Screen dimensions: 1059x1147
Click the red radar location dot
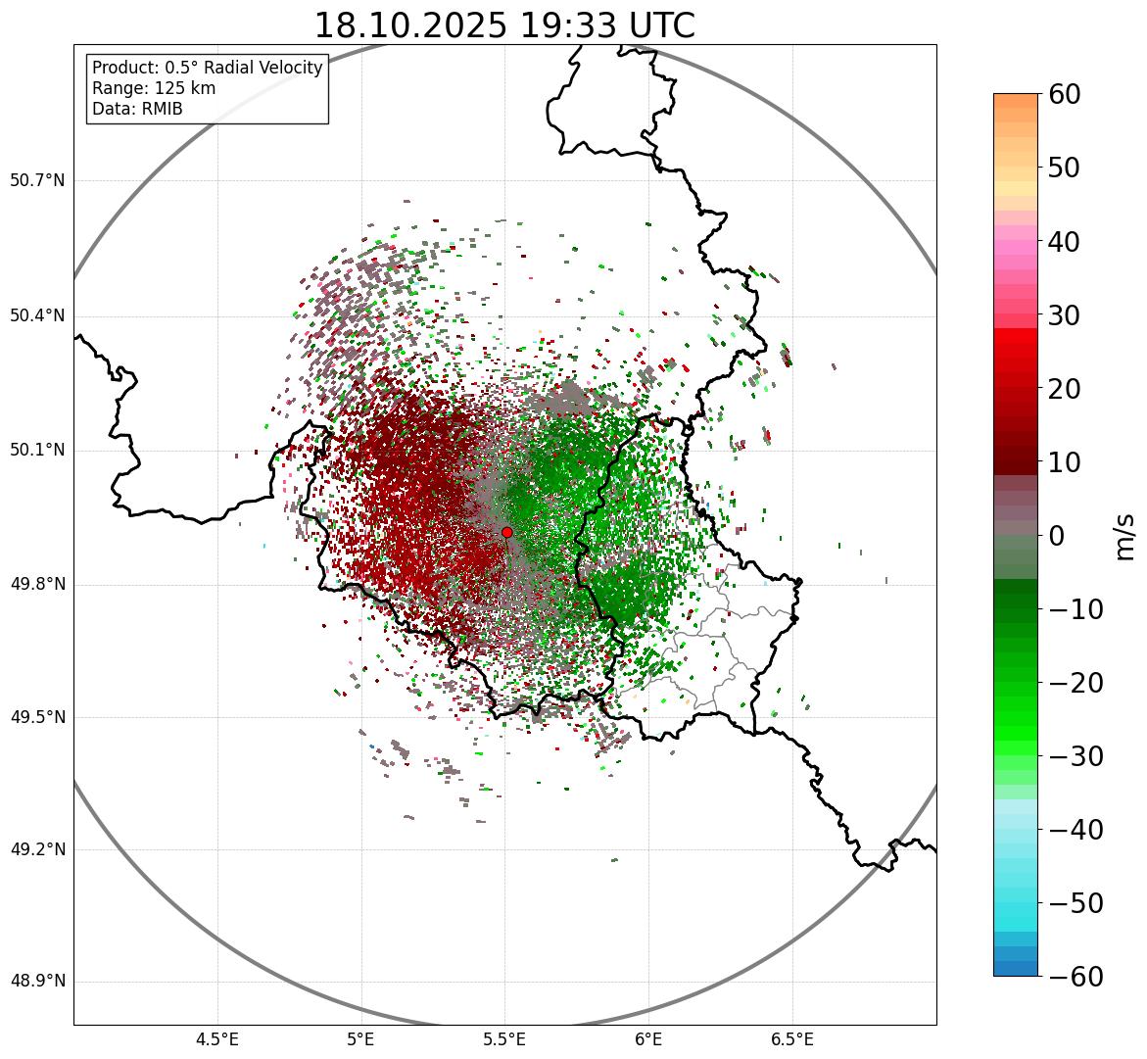[506, 532]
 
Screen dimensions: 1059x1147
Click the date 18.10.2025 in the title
[410, 25]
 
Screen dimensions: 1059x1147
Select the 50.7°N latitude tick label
[37, 181]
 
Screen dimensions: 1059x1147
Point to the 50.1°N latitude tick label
[37, 451]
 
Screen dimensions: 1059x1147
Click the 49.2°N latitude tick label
[37, 849]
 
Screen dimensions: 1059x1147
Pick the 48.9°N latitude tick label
[37, 982]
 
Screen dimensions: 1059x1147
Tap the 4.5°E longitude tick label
[217, 1039]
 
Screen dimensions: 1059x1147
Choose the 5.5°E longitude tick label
[504, 1039]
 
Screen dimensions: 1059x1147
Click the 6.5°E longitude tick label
[791, 1039]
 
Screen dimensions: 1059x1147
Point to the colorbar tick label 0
[1057, 536]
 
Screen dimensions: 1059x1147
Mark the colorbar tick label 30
[1071, 315]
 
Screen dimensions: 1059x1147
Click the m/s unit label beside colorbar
[1125, 536]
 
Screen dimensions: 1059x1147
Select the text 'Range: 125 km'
[154, 88]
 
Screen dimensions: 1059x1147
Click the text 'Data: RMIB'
[137, 109]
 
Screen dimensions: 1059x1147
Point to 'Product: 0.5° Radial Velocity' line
[207, 68]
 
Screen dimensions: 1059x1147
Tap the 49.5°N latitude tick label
[37, 717]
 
